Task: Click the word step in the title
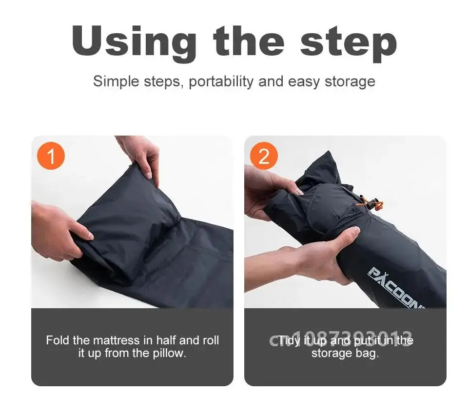click(348, 43)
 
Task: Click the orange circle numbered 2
click(264, 157)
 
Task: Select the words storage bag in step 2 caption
click(345, 353)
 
